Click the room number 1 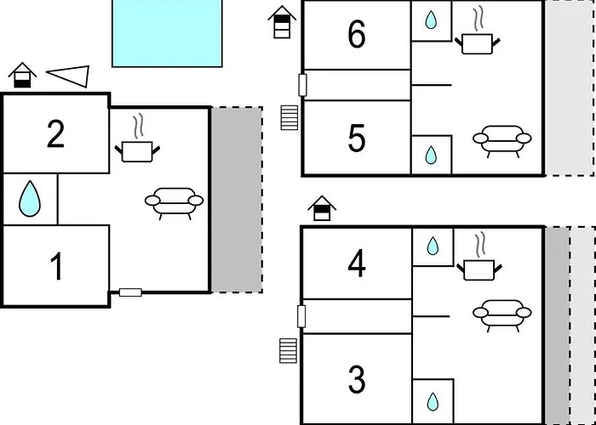(x=57, y=267)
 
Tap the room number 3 (x=357, y=379)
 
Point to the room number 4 (x=357, y=264)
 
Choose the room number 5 (x=357, y=139)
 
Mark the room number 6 (x=357, y=35)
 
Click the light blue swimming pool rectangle (x=167, y=32)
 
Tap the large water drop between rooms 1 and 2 (x=31, y=199)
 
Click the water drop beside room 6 (x=432, y=19)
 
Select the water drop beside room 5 (x=431, y=155)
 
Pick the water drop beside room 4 (x=433, y=246)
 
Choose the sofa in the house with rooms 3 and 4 (x=501, y=313)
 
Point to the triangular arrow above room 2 (x=68, y=76)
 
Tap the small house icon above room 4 (x=322, y=208)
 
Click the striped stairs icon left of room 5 (x=289, y=117)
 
